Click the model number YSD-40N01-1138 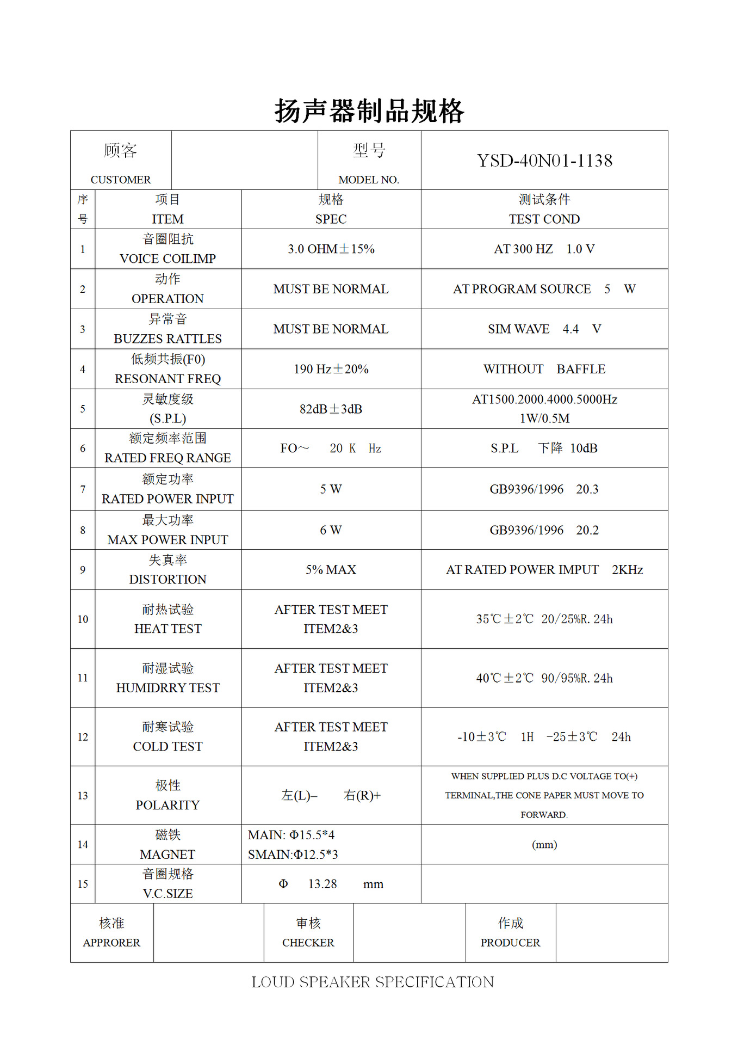(544, 161)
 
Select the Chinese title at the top (369, 111)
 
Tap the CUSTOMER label (121, 180)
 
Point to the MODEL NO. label (369, 180)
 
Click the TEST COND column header (544, 219)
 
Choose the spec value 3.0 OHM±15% (331, 249)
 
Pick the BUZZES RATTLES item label (168, 339)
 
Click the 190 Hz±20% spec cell (331, 369)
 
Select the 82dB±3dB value (331, 409)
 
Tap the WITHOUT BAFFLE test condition (544, 369)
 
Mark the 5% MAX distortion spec (331, 569)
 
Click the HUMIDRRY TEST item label (168, 688)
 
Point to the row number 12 (83, 737)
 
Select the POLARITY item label (168, 805)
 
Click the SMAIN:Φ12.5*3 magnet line (293, 855)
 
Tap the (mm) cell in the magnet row (544, 844)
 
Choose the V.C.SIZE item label (168, 894)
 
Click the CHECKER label (308, 943)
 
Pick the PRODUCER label (510, 943)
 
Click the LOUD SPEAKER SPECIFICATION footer (373, 982)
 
